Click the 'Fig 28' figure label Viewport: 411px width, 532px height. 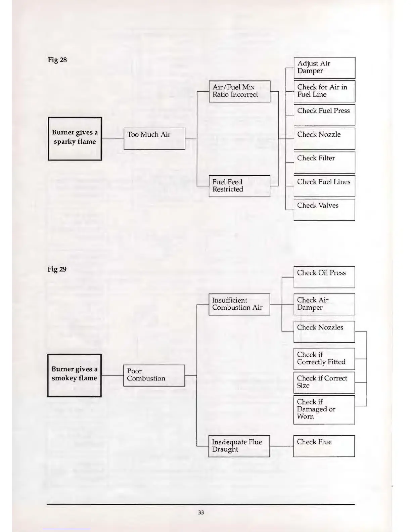tap(57, 60)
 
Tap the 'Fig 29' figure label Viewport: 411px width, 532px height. tap(57, 269)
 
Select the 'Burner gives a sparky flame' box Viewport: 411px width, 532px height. tap(75, 138)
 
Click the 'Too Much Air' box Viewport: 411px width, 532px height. tap(154, 138)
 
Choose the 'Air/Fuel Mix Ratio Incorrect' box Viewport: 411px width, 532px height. tap(239, 91)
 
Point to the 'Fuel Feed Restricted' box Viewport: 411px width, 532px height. tap(239, 186)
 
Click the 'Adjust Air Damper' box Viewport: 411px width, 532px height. tap(324, 68)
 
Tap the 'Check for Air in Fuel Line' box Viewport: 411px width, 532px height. tap(324, 91)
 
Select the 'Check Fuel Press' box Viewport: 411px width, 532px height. tap(324, 115)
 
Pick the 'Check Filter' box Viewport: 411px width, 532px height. tap(324, 162)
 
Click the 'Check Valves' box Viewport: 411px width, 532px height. tap(324, 210)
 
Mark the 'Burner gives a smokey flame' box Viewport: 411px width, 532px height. tap(75, 375)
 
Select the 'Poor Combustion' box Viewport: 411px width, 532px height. tap(154, 375)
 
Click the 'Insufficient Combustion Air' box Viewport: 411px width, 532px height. tap(239, 304)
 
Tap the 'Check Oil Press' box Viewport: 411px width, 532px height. tap(324, 277)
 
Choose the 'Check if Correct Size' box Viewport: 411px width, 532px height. tap(324, 382)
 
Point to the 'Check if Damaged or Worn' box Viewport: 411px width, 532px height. tap(324, 409)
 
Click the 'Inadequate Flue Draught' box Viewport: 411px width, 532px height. tap(239, 446)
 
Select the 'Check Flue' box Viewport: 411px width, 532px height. tap(324, 446)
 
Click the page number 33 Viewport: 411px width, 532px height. tap(201, 513)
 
